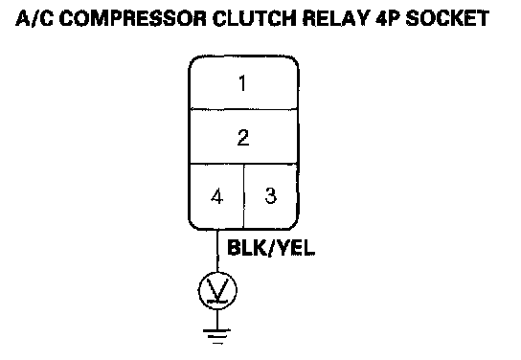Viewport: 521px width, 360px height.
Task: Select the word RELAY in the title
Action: coord(336,18)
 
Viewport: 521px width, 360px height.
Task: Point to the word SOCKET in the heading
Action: coord(447,18)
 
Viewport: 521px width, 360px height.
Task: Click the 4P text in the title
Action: coord(388,18)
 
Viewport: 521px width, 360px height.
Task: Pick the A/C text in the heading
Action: coord(34,18)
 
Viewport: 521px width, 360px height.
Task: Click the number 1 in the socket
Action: coord(243,83)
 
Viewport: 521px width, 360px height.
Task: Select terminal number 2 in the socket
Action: coord(243,138)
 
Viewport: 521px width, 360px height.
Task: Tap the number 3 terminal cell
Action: coord(270,196)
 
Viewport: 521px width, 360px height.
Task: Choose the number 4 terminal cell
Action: coord(216,196)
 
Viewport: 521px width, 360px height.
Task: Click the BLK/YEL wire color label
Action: coord(271,248)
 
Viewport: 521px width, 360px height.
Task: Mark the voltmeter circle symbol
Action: coord(217,291)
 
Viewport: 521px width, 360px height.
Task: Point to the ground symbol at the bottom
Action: coord(217,336)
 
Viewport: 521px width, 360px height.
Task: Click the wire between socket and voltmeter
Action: coord(217,251)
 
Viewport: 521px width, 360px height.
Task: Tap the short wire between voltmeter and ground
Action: coord(217,319)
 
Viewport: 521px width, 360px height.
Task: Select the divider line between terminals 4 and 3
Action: coord(244,196)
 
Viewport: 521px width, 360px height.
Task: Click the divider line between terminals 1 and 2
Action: coord(243,109)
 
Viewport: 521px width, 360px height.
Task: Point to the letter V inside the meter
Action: coord(217,290)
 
